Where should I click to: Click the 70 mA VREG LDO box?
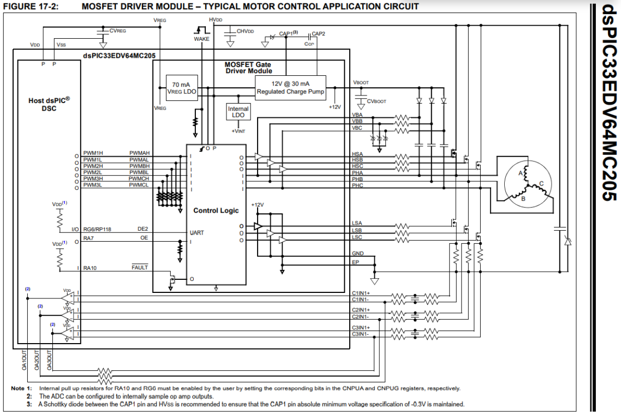click(181, 89)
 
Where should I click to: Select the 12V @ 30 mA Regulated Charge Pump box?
click(290, 88)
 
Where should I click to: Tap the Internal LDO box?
click(238, 112)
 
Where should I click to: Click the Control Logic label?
click(216, 211)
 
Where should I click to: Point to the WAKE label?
click(201, 39)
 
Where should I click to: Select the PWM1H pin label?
click(93, 153)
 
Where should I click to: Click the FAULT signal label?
click(140, 268)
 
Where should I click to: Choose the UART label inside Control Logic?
click(197, 233)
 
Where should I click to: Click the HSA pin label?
click(357, 154)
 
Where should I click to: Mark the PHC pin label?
click(357, 185)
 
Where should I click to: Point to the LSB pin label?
click(357, 231)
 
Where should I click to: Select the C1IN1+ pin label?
click(361, 293)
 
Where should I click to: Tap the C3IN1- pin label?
click(361, 334)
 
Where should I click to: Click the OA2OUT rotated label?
click(37, 361)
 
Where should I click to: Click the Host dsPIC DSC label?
click(49, 104)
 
